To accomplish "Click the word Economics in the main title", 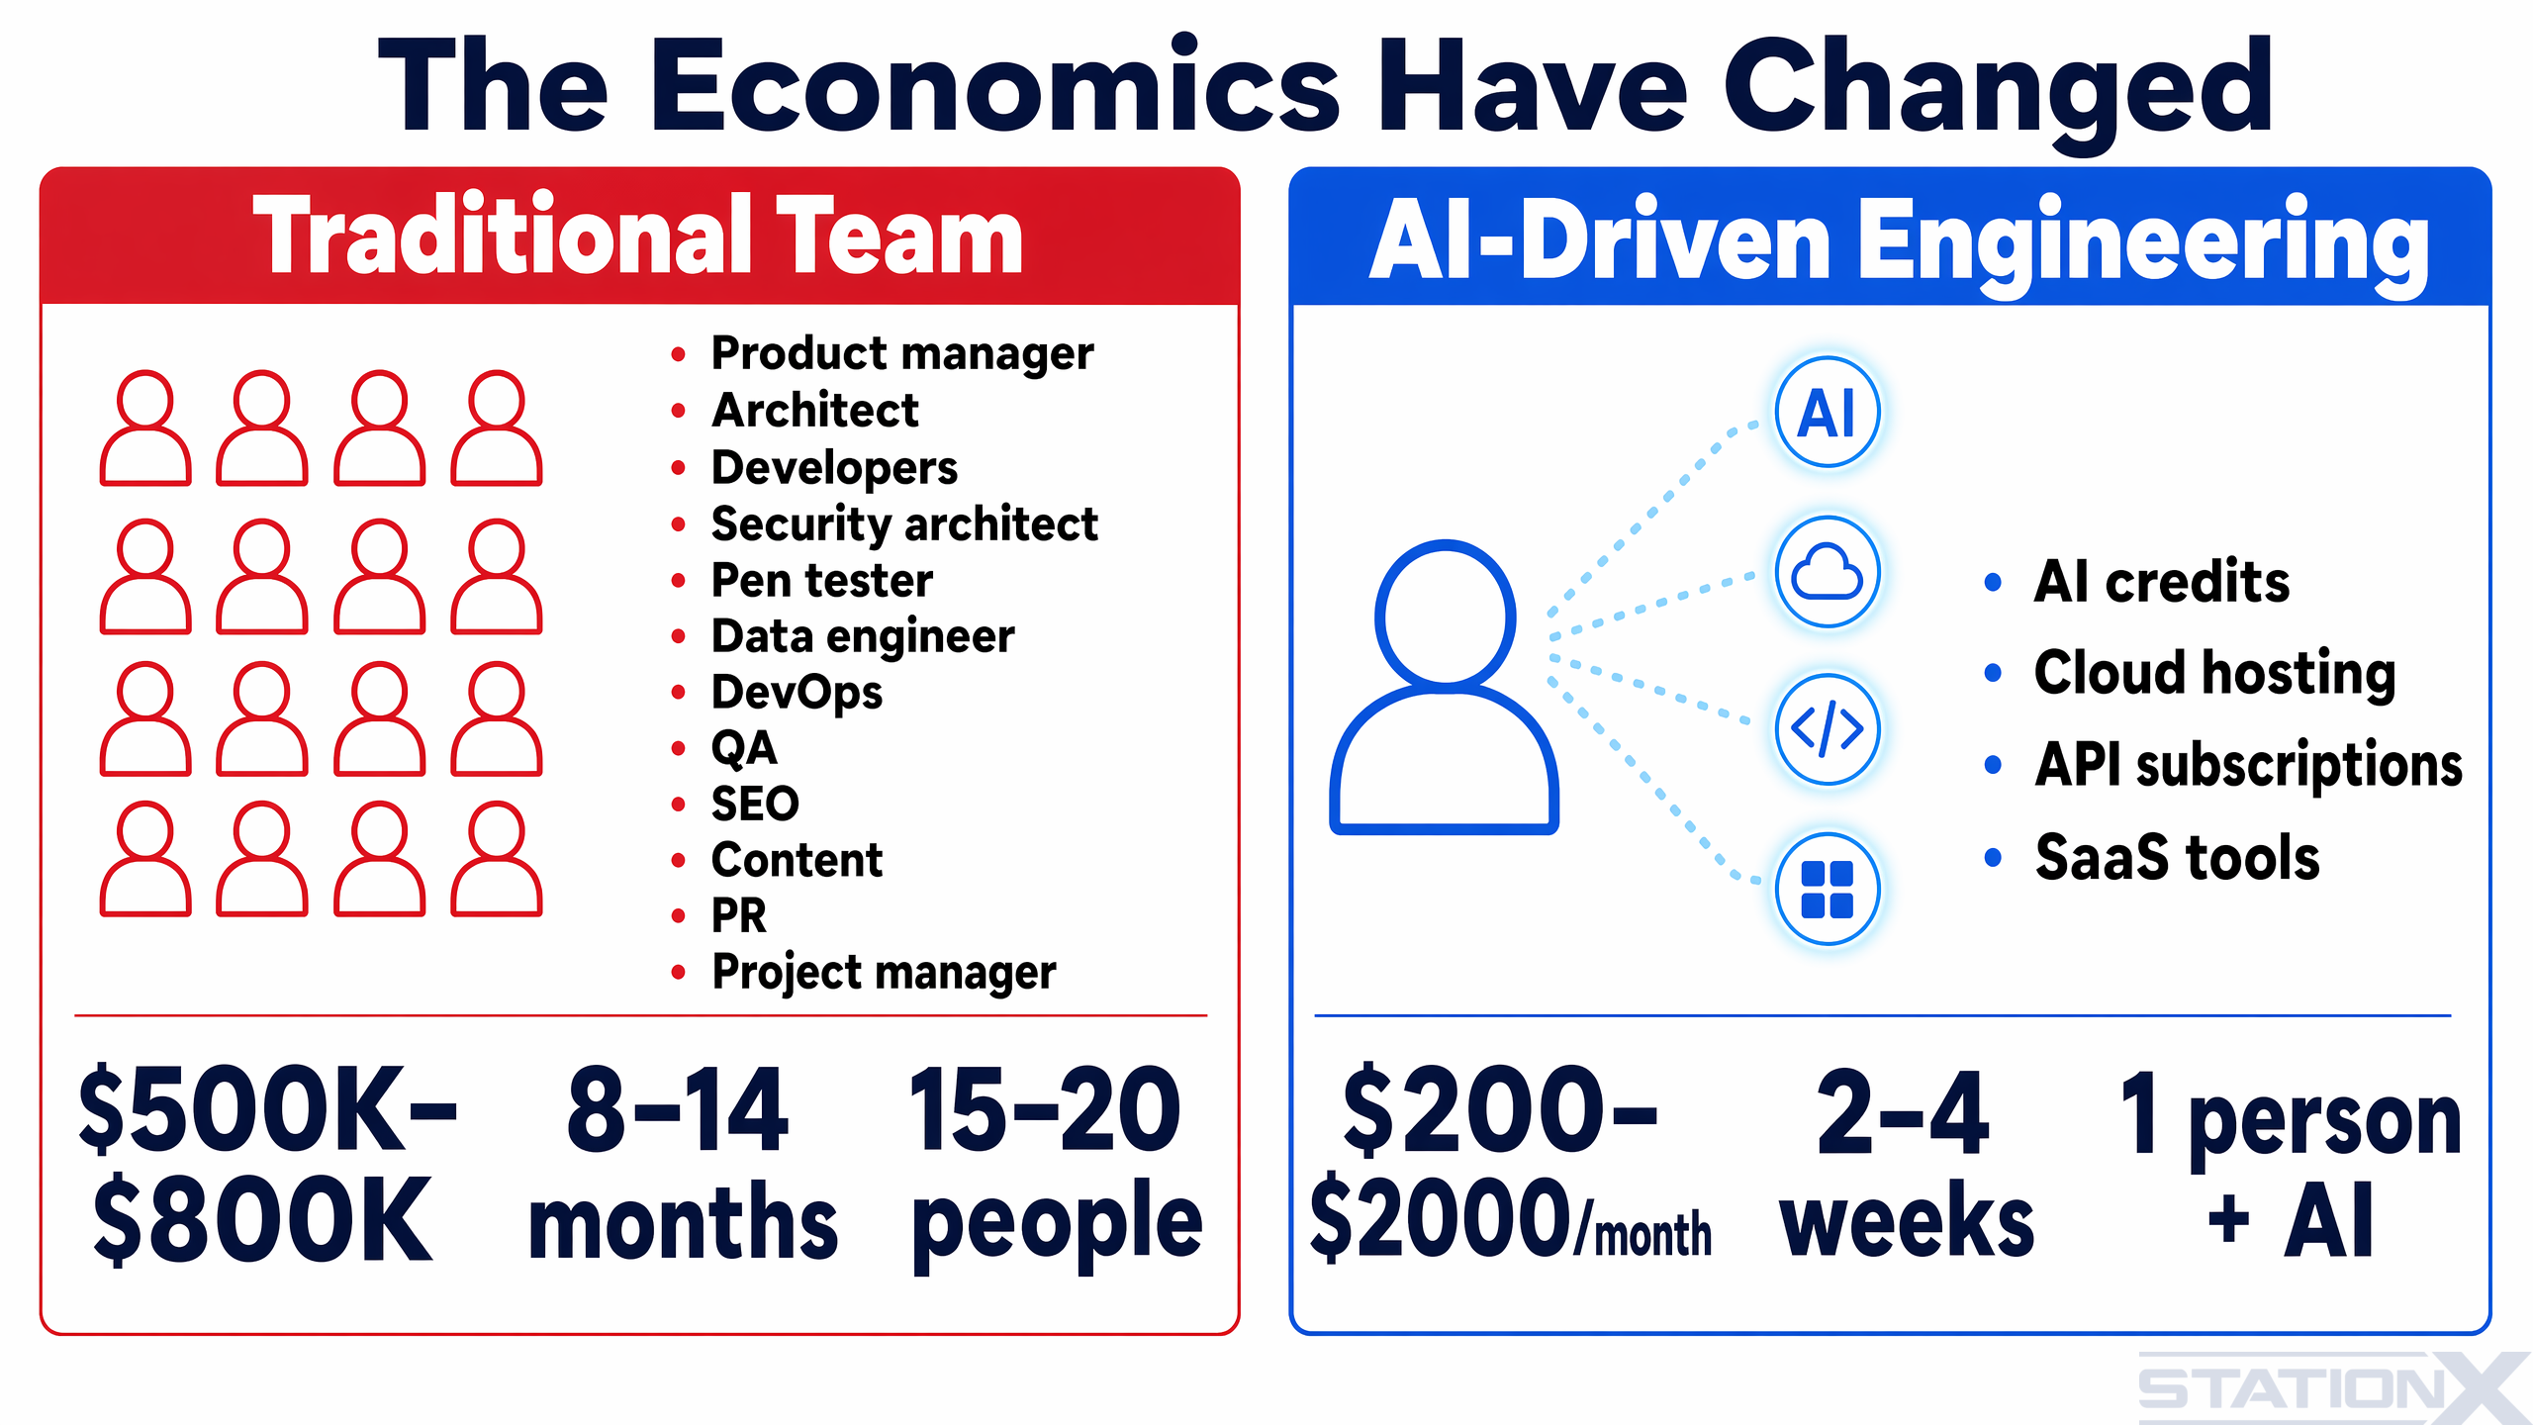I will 994,87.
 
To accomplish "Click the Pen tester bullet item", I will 821,580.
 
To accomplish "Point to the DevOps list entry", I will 797,692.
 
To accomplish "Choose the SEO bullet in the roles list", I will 755,804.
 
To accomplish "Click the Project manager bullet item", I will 884,972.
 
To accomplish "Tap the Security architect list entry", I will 904,523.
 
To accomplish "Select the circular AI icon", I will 1827,413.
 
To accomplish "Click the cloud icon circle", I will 1827,572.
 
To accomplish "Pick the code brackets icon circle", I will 1827,730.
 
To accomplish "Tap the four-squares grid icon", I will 1827,889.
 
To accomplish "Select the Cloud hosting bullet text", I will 2214,673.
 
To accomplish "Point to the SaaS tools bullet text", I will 2177,857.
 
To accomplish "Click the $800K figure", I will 262,1219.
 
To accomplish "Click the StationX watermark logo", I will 2330,1388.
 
